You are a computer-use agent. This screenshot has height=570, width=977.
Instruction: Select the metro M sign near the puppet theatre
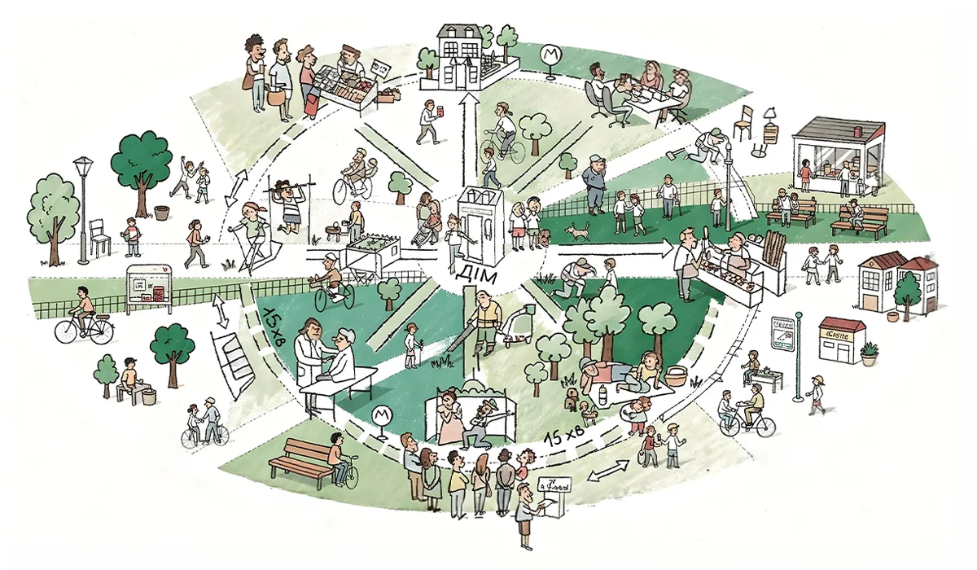tap(380, 417)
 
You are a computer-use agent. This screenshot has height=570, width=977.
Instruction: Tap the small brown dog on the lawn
tap(579, 232)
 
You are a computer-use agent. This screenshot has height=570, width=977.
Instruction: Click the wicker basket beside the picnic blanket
tap(676, 375)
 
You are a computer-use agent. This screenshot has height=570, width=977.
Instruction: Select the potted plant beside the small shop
tap(869, 353)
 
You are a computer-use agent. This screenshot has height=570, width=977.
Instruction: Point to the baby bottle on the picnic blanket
tap(602, 397)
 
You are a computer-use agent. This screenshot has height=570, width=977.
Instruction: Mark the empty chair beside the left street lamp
tap(99, 236)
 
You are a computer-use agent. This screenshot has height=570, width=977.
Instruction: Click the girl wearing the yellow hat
tap(816, 395)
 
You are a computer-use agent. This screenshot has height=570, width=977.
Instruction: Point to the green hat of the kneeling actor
tap(488, 405)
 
